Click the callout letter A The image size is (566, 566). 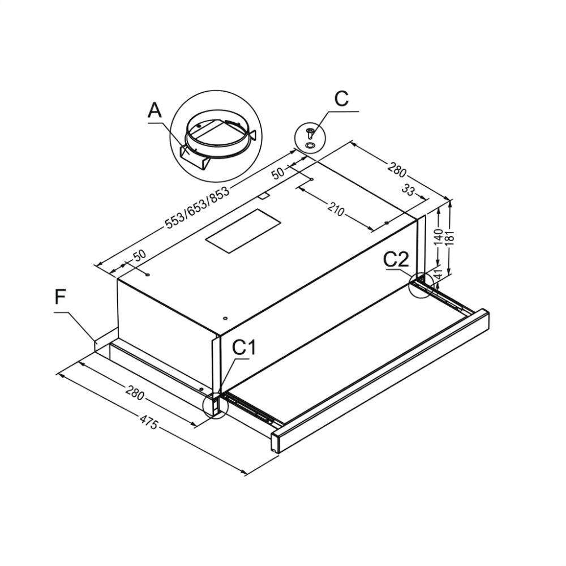155,110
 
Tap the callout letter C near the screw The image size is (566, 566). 341,98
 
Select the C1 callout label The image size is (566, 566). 243,348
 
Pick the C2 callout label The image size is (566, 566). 396,259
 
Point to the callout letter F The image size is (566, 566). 61,298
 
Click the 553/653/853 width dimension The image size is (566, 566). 197,208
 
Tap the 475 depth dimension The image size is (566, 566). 148,422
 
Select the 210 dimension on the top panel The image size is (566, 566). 336,209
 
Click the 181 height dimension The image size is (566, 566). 450,238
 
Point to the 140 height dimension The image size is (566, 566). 439,237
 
